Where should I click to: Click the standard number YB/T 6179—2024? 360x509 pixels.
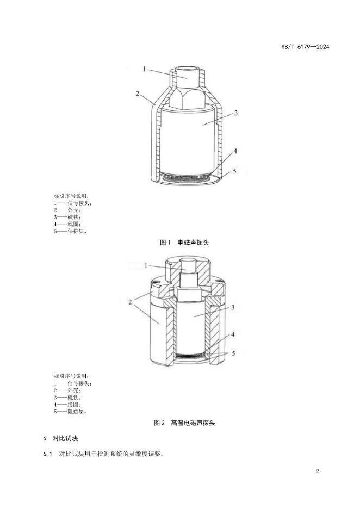305,47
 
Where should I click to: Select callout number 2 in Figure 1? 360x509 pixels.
138,94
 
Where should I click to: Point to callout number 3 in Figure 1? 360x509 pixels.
236,113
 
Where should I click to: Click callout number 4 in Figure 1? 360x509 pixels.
235,151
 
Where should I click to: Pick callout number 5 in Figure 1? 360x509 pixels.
235,171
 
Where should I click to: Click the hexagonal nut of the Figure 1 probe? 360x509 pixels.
187,98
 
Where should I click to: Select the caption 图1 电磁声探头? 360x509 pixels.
184,243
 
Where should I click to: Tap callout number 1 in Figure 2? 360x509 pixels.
146,266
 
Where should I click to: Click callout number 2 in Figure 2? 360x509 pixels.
130,302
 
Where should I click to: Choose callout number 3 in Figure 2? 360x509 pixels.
233,307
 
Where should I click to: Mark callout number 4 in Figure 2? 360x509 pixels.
233,334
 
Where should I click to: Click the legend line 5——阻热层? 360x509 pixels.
71,412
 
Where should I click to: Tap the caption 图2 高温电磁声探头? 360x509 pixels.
184,423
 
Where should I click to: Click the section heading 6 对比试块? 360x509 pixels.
60,438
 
